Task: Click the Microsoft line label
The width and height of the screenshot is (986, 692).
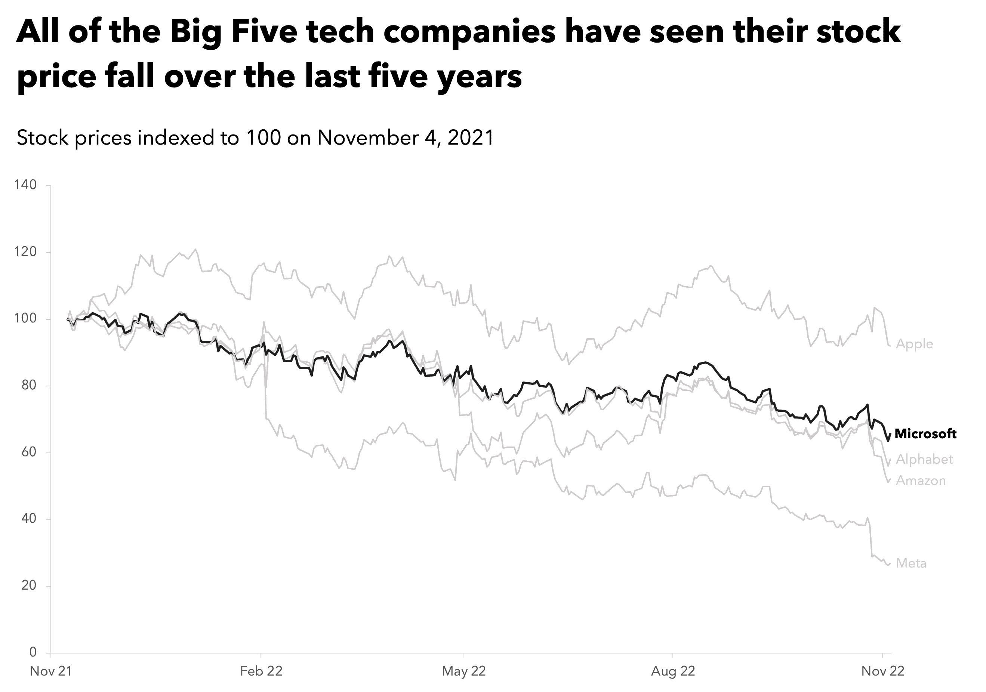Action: [925, 434]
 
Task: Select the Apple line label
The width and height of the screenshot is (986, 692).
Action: [914, 344]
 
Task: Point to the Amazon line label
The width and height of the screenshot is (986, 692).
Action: [921, 481]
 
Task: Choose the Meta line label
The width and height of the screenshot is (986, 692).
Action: [911, 563]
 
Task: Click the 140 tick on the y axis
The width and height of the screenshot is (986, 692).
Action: [25, 185]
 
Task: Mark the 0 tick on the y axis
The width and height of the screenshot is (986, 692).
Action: [33, 652]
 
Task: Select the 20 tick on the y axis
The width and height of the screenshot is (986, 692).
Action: [29, 586]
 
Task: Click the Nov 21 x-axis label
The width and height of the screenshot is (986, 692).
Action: [51, 671]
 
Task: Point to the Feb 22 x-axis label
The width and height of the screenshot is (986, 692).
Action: [261, 671]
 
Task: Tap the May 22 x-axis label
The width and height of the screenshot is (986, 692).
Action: [464, 671]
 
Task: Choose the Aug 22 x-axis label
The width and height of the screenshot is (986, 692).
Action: [673, 671]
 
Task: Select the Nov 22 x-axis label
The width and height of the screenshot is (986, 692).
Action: [882, 671]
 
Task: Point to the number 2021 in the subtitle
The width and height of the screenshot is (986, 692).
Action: [471, 138]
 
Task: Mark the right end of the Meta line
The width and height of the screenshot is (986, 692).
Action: [891, 563]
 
